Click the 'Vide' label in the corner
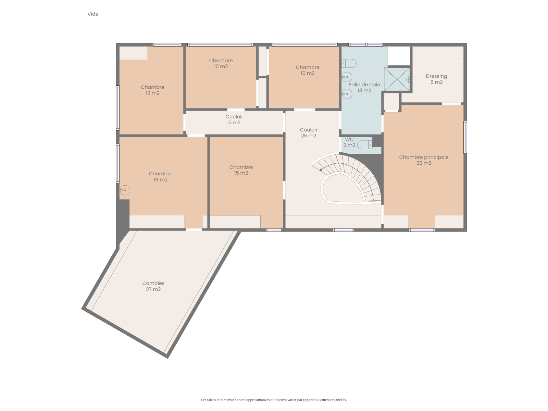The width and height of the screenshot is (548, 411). [92, 14]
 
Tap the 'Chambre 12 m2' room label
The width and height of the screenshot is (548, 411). [152, 90]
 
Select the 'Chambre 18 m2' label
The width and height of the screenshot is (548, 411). [161, 176]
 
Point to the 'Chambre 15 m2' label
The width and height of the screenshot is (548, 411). [241, 170]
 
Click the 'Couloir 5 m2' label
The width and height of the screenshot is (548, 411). [234, 120]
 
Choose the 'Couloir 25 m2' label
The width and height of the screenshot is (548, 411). [309, 133]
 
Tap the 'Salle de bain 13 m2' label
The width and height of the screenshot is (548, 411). [364, 88]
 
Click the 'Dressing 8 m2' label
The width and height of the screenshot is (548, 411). [436, 79]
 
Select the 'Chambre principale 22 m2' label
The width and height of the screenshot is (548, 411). [424, 160]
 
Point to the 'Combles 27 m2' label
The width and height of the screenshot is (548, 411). [153, 286]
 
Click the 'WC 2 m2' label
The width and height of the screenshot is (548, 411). [349, 142]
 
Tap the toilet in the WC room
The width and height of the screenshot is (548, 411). [365, 145]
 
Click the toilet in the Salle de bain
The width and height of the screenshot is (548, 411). [349, 63]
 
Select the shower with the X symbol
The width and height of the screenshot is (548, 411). [397, 79]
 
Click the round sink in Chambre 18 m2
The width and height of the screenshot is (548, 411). [125, 190]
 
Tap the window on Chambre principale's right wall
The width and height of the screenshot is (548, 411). [465, 137]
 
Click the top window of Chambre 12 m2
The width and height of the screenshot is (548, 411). [167, 45]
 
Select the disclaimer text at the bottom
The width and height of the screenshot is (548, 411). [274, 400]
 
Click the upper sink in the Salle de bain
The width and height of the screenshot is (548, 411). [347, 77]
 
